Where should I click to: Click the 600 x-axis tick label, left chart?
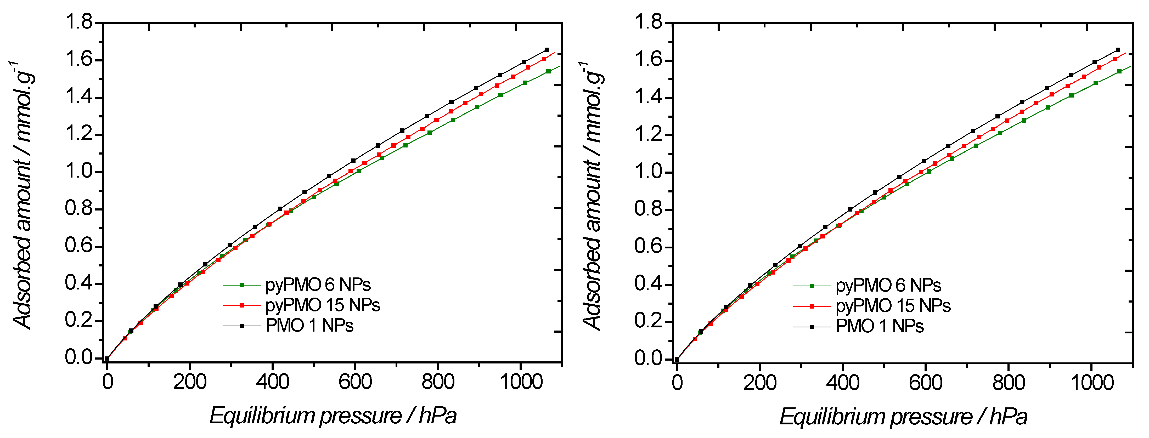tap(355, 382)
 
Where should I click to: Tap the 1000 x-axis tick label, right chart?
tap(1092, 383)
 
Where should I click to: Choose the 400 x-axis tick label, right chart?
tap(843, 383)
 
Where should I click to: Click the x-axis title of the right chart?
tap(903, 417)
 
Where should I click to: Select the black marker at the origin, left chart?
tap(107, 358)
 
